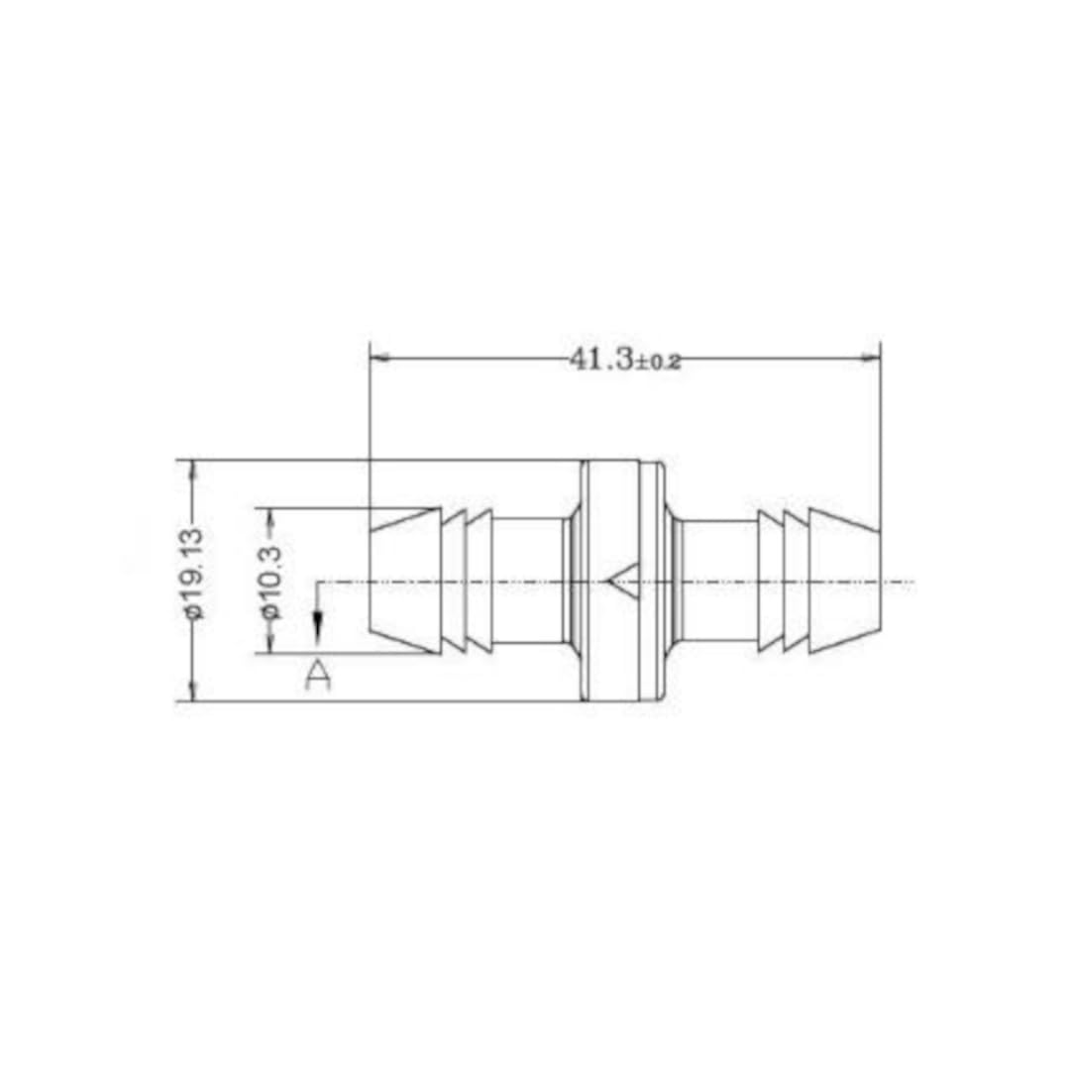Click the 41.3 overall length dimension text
coord(600,359)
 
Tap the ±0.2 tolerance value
coord(657,363)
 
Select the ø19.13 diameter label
coord(192,574)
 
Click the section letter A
coord(317,676)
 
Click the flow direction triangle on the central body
coord(623,582)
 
